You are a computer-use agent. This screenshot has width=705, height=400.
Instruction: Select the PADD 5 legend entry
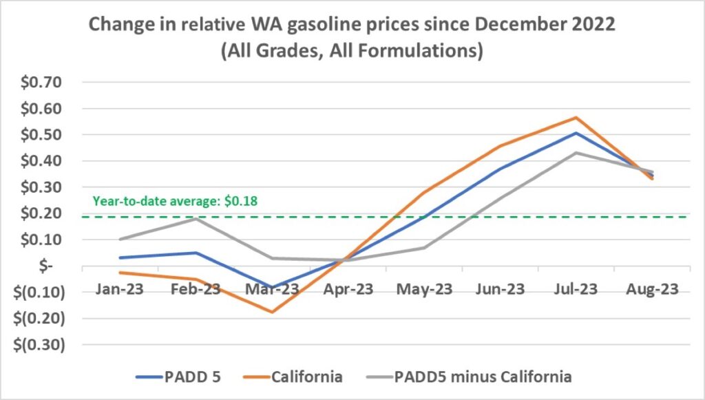(x=180, y=377)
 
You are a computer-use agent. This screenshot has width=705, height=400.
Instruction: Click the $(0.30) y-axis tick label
(x=39, y=345)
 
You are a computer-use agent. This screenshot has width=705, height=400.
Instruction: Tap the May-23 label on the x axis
(x=424, y=288)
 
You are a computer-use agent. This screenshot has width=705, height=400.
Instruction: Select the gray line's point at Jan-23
(x=120, y=240)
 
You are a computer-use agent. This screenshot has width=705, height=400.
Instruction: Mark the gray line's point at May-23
(x=424, y=248)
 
